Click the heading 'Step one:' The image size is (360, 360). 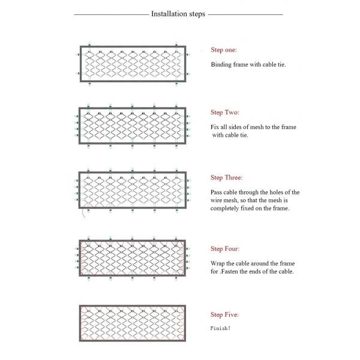224,49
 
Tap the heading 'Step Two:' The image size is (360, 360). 225,112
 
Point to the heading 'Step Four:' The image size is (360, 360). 225,248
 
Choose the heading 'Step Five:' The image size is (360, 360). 225,314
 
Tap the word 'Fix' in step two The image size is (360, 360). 215,127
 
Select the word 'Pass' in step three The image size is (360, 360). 217,192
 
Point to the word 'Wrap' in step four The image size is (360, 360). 218,263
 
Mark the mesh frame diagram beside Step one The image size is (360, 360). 133,64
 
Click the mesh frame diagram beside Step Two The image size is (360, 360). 133,127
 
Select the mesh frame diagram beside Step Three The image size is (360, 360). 133,191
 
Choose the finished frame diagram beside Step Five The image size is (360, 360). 133,323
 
